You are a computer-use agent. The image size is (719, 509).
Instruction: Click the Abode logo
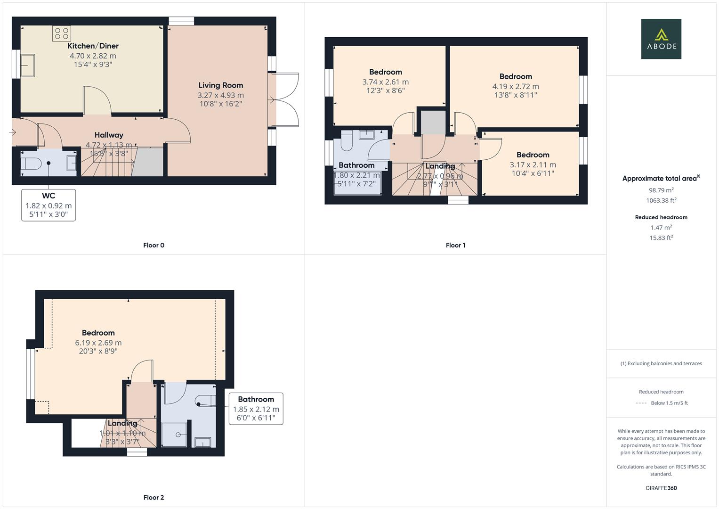coord(661,39)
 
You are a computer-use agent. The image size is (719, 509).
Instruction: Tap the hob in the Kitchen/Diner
coord(62,33)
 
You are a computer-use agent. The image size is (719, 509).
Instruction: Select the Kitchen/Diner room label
coord(93,46)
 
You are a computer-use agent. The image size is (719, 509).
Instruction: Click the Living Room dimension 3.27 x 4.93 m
coord(220,95)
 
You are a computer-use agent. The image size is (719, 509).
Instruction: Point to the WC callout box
coord(48,205)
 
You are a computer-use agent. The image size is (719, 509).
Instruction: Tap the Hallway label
coord(109,135)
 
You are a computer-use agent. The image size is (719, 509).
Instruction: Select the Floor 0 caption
coord(153,245)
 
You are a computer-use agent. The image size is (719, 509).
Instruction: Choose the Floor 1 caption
coord(455,245)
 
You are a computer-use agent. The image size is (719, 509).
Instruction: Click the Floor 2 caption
coord(153,497)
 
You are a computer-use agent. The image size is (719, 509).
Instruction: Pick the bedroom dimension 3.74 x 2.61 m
coord(385,82)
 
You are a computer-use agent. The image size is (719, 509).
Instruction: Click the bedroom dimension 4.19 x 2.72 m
coord(516,86)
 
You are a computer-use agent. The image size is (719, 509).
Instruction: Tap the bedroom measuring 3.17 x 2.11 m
coord(533,164)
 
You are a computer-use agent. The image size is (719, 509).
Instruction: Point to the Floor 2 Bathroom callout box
coord(256,409)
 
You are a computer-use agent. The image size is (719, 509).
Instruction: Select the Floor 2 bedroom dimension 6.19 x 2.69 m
coord(98,343)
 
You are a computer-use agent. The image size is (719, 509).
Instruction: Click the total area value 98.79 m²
coord(661,190)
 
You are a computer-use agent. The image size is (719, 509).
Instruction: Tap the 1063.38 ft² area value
coord(661,200)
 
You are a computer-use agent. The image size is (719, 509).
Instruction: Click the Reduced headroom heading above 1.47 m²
coord(661,217)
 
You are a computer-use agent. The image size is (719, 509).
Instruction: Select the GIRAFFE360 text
coord(661,488)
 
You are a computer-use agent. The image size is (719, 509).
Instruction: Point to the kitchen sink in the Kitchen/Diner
coord(28,65)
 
